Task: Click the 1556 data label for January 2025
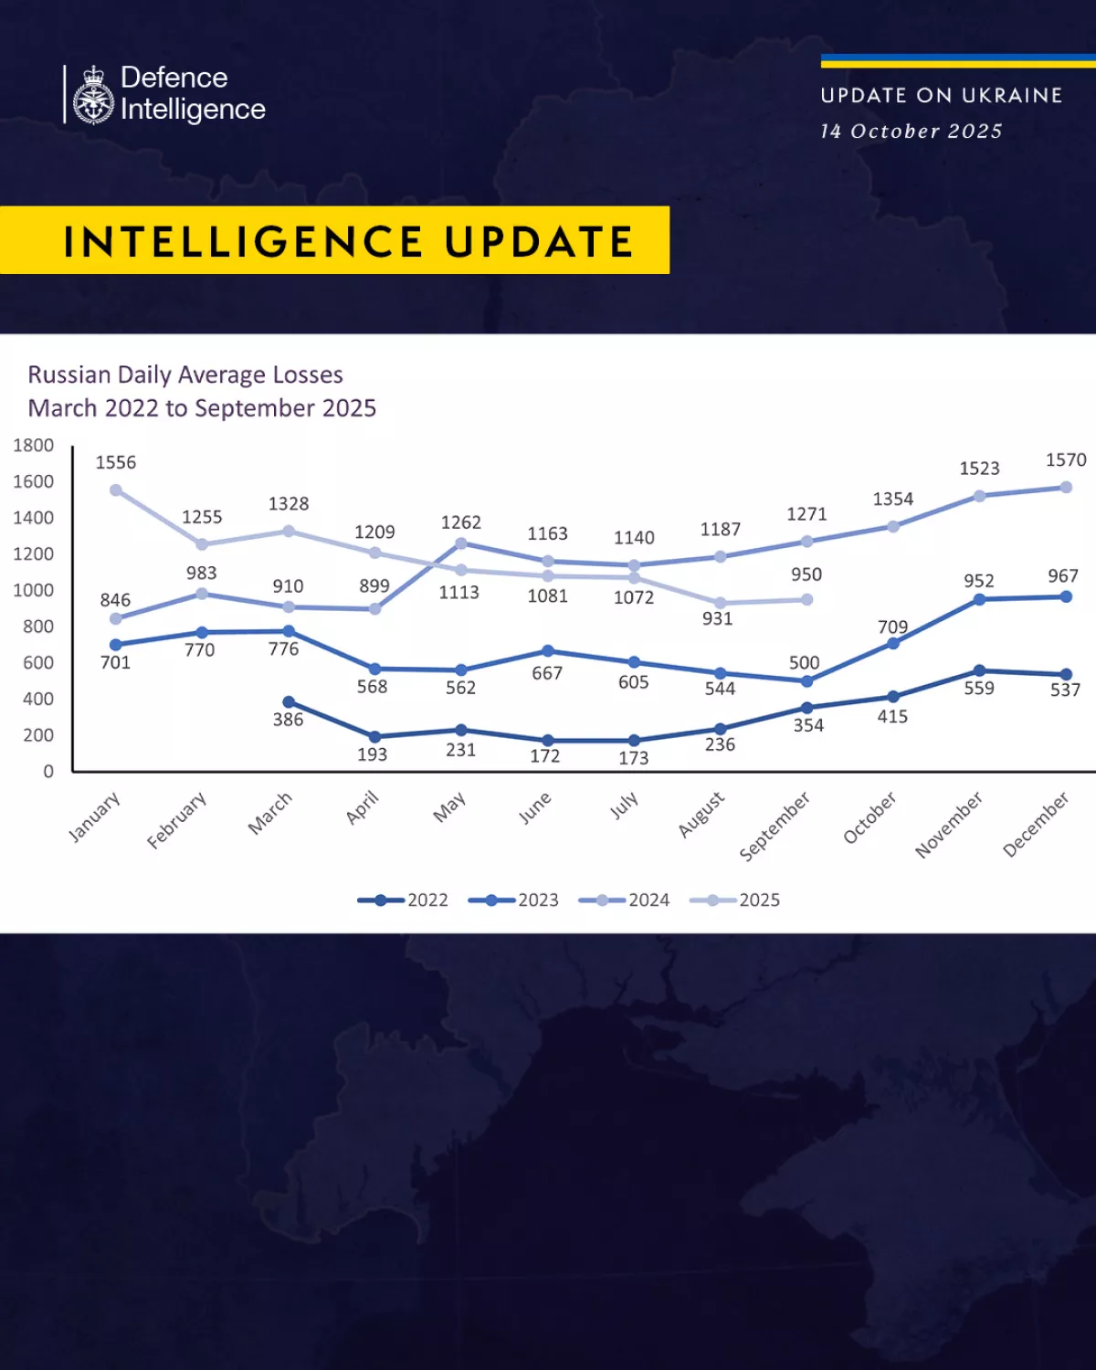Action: point(116,462)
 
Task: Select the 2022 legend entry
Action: point(403,901)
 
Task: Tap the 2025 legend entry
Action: point(735,901)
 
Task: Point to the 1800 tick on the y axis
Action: point(34,446)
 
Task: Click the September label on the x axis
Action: point(775,826)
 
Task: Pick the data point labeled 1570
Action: point(1065,488)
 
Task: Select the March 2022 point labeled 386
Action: point(289,702)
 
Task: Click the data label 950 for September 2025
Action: point(806,574)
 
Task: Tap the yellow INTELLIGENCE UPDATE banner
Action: point(334,241)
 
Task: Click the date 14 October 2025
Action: point(911,132)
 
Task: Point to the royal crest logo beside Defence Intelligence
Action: point(93,95)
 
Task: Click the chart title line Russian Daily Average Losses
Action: point(185,374)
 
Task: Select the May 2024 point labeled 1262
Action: point(461,543)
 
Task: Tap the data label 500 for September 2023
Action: point(805,662)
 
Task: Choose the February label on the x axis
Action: point(177,820)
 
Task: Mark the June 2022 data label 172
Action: point(545,756)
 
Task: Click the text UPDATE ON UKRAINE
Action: point(942,96)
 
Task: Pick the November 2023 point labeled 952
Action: point(979,600)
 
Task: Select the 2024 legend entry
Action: point(625,901)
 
